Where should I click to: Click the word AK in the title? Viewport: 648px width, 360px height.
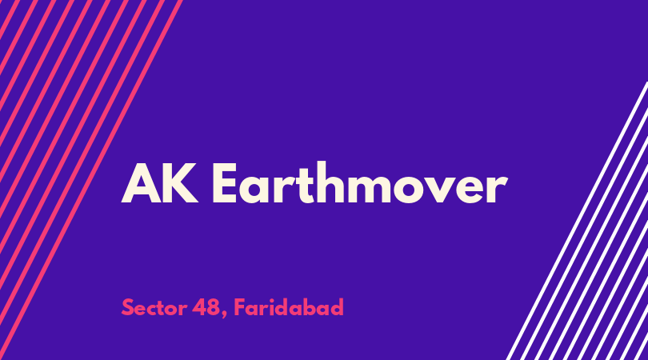pos(159,183)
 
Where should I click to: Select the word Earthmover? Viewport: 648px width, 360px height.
pos(359,182)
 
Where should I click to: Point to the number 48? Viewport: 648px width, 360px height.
pos(206,307)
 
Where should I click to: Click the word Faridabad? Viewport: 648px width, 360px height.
pos(289,307)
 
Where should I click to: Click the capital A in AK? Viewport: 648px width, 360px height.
pos(141,183)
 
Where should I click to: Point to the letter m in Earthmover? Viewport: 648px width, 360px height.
pos(368,189)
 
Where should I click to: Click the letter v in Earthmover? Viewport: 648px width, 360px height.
pos(444,190)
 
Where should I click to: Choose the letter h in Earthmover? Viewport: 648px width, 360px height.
pos(330,182)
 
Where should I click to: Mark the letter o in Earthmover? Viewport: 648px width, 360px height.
pos(410,190)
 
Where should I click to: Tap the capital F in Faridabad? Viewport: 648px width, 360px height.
pos(240,307)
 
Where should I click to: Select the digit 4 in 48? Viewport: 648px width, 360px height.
pos(198,307)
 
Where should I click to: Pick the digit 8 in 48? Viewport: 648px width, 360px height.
pos(213,307)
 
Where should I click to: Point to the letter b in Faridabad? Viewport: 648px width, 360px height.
pos(320,307)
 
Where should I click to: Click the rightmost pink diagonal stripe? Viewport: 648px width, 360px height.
pos(91,180)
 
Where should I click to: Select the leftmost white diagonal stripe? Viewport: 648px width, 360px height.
pos(577,221)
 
